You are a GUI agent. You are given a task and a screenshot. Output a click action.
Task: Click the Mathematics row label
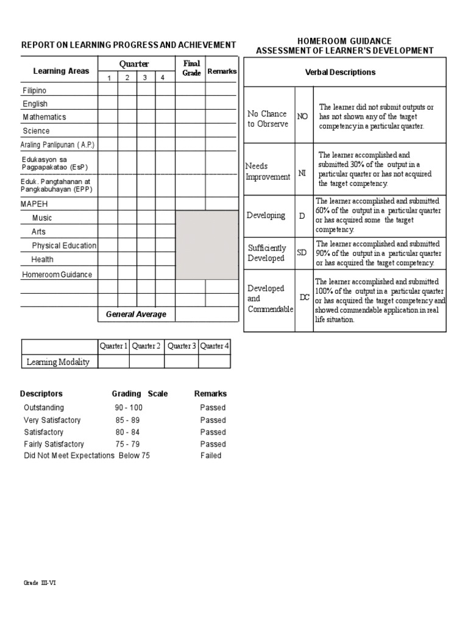pyautogui.click(x=44, y=117)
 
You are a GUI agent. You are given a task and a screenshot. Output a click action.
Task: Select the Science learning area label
pyautogui.click(x=37, y=131)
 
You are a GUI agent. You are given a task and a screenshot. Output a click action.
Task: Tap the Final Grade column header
pyautogui.click(x=191, y=68)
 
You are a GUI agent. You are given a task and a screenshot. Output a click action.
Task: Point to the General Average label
pyautogui.click(x=136, y=314)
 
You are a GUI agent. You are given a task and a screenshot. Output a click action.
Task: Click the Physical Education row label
pyautogui.click(x=64, y=246)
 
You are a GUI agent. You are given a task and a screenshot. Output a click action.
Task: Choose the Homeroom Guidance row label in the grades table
pyautogui.click(x=57, y=275)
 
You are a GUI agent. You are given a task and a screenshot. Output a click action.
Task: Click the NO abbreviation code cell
pyautogui.click(x=302, y=116)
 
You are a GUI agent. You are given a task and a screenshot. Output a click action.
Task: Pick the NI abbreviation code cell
pyautogui.click(x=302, y=174)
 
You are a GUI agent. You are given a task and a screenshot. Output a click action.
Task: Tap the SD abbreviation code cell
pyautogui.click(x=302, y=253)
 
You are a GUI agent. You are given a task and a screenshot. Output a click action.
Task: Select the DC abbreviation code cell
pyautogui.click(x=305, y=297)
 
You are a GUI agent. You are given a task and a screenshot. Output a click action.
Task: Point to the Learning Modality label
pyautogui.click(x=58, y=362)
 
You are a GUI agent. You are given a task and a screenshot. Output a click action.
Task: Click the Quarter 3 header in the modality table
pyautogui.click(x=182, y=346)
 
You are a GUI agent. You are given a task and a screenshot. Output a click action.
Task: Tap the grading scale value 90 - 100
pyautogui.click(x=129, y=408)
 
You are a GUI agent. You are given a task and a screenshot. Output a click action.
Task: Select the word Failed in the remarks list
pyautogui.click(x=211, y=456)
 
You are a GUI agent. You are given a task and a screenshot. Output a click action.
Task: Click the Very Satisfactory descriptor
pyautogui.click(x=52, y=420)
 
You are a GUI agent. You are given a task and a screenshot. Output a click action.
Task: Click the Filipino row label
pyautogui.click(x=35, y=91)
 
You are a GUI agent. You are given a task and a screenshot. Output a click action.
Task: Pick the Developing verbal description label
pyautogui.click(x=266, y=216)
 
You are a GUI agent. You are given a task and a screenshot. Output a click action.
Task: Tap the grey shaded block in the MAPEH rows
pyautogui.click(x=207, y=245)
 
